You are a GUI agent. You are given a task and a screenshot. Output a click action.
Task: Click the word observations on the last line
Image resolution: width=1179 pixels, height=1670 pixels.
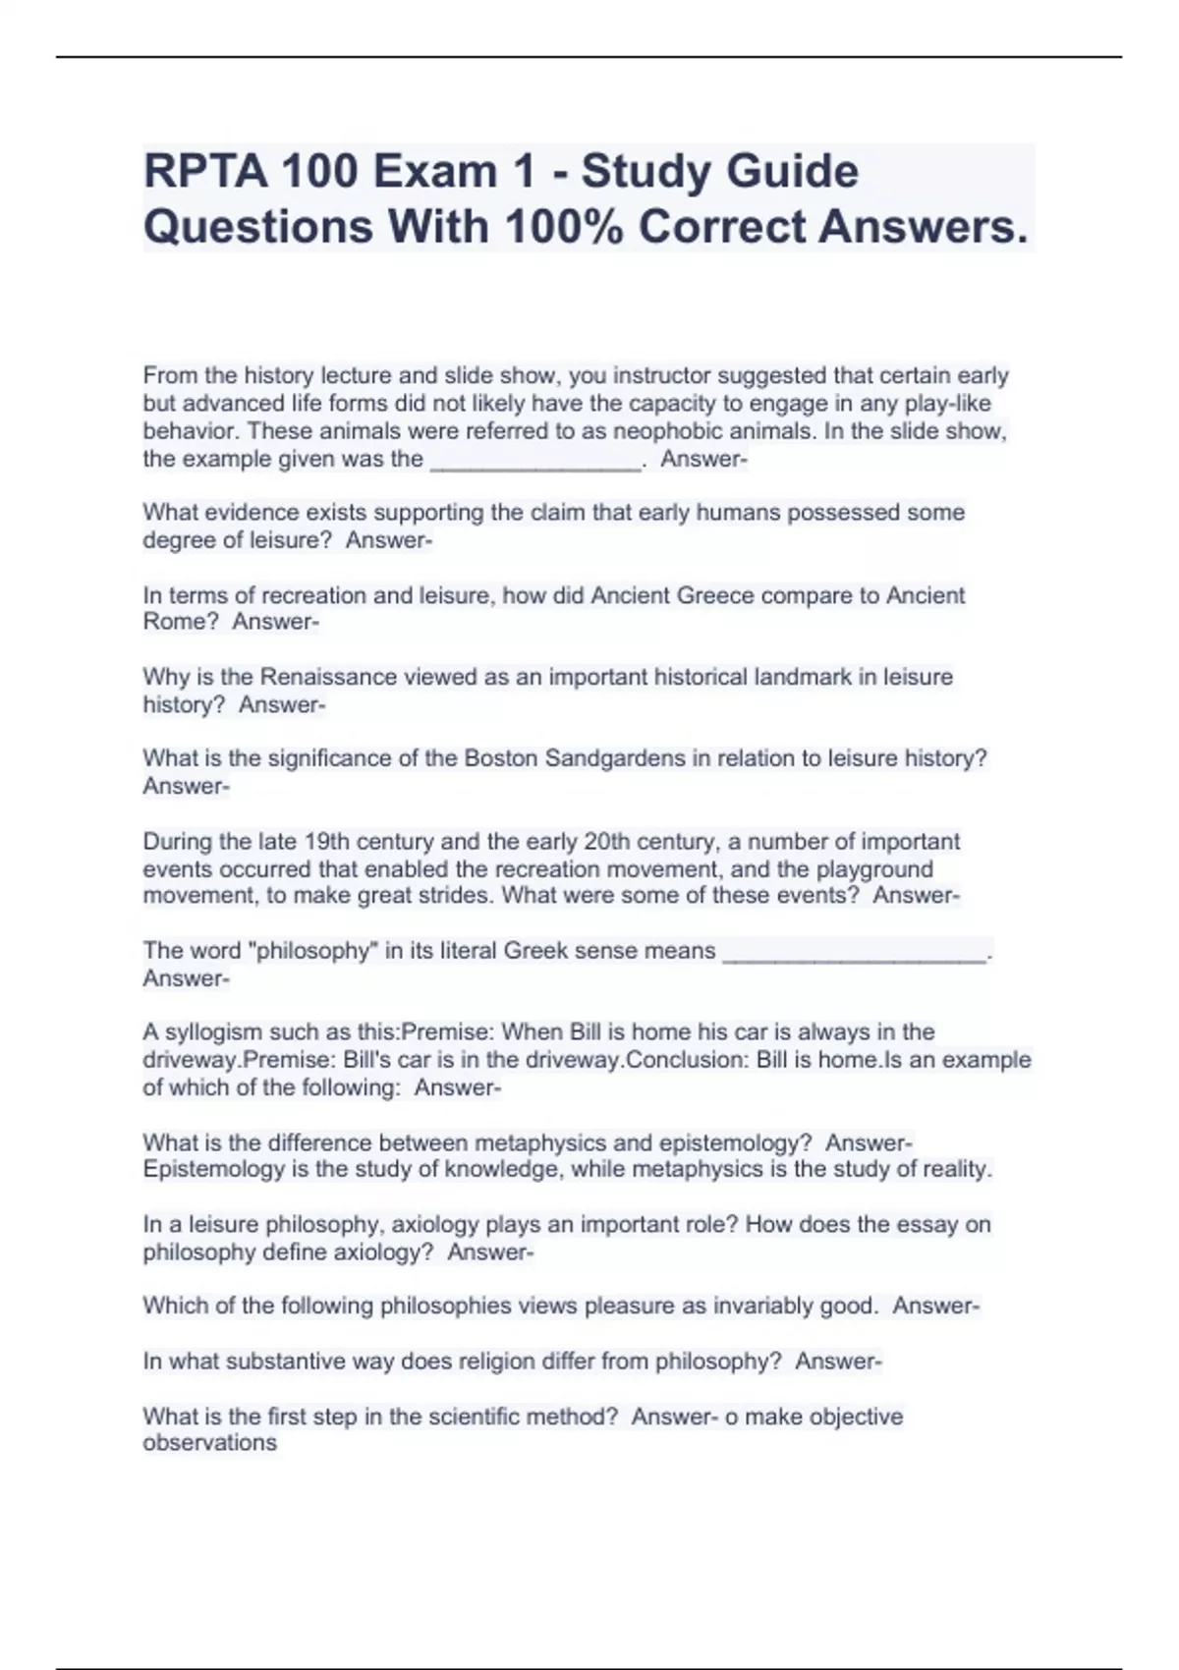209,1443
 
